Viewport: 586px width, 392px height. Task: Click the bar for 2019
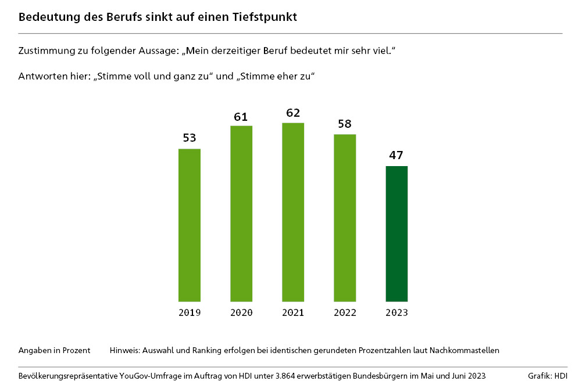[x=190, y=225]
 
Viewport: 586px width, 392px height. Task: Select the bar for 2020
[x=241, y=214]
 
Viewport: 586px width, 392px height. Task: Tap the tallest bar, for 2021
[x=293, y=212]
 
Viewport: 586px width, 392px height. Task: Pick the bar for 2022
[x=345, y=218]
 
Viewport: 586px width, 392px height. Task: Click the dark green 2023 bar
[x=396, y=234]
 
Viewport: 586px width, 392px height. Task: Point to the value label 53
[x=190, y=138]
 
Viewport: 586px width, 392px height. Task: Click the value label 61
[x=241, y=117]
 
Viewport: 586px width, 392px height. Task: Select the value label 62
[x=293, y=113]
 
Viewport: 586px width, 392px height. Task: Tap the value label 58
[x=345, y=124]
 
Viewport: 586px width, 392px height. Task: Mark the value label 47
[x=396, y=156]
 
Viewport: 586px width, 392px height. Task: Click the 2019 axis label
[x=190, y=312]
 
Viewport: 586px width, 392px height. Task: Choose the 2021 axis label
[x=293, y=312]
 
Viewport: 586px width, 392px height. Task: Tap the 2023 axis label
[x=396, y=312]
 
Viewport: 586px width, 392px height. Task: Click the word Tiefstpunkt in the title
[x=266, y=17]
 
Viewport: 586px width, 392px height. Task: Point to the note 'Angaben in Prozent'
[x=54, y=350]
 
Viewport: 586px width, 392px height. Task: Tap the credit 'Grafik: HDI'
[x=548, y=376]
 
